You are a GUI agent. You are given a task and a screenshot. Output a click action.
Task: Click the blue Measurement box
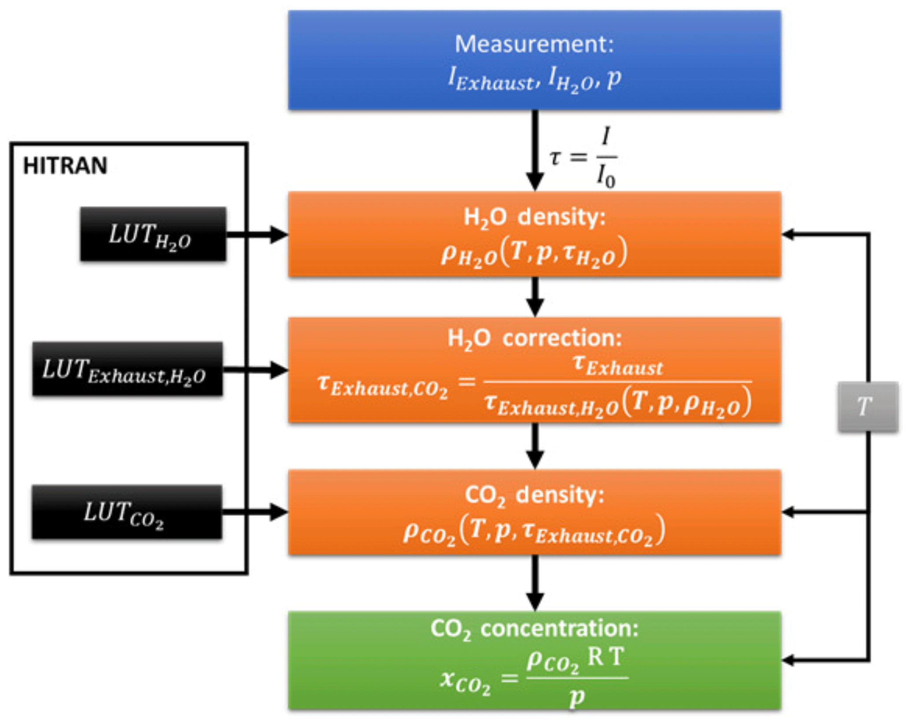click(534, 60)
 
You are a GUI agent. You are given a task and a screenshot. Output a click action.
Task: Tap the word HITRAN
click(65, 166)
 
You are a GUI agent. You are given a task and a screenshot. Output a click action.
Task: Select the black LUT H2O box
click(153, 234)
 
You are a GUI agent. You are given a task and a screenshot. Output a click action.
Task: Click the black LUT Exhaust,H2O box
click(127, 369)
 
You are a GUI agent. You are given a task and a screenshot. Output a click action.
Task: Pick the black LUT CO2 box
click(127, 512)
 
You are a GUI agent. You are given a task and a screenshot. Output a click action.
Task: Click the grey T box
click(867, 406)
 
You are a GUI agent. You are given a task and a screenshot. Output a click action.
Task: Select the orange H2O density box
click(534, 234)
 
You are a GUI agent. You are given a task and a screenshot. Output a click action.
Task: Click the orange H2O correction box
click(534, 370)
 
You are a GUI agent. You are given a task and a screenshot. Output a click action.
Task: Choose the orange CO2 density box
click(534, 512)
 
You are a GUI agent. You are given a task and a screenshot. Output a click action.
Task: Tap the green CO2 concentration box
click(534, 660)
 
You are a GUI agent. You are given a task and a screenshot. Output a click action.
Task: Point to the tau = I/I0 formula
click(583, 157)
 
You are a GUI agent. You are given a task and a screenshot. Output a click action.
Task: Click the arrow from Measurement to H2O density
click(534, 150)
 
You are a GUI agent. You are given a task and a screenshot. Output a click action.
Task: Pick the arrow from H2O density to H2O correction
click(534, 297)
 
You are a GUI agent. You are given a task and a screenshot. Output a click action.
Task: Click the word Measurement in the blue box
click(534, 44)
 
